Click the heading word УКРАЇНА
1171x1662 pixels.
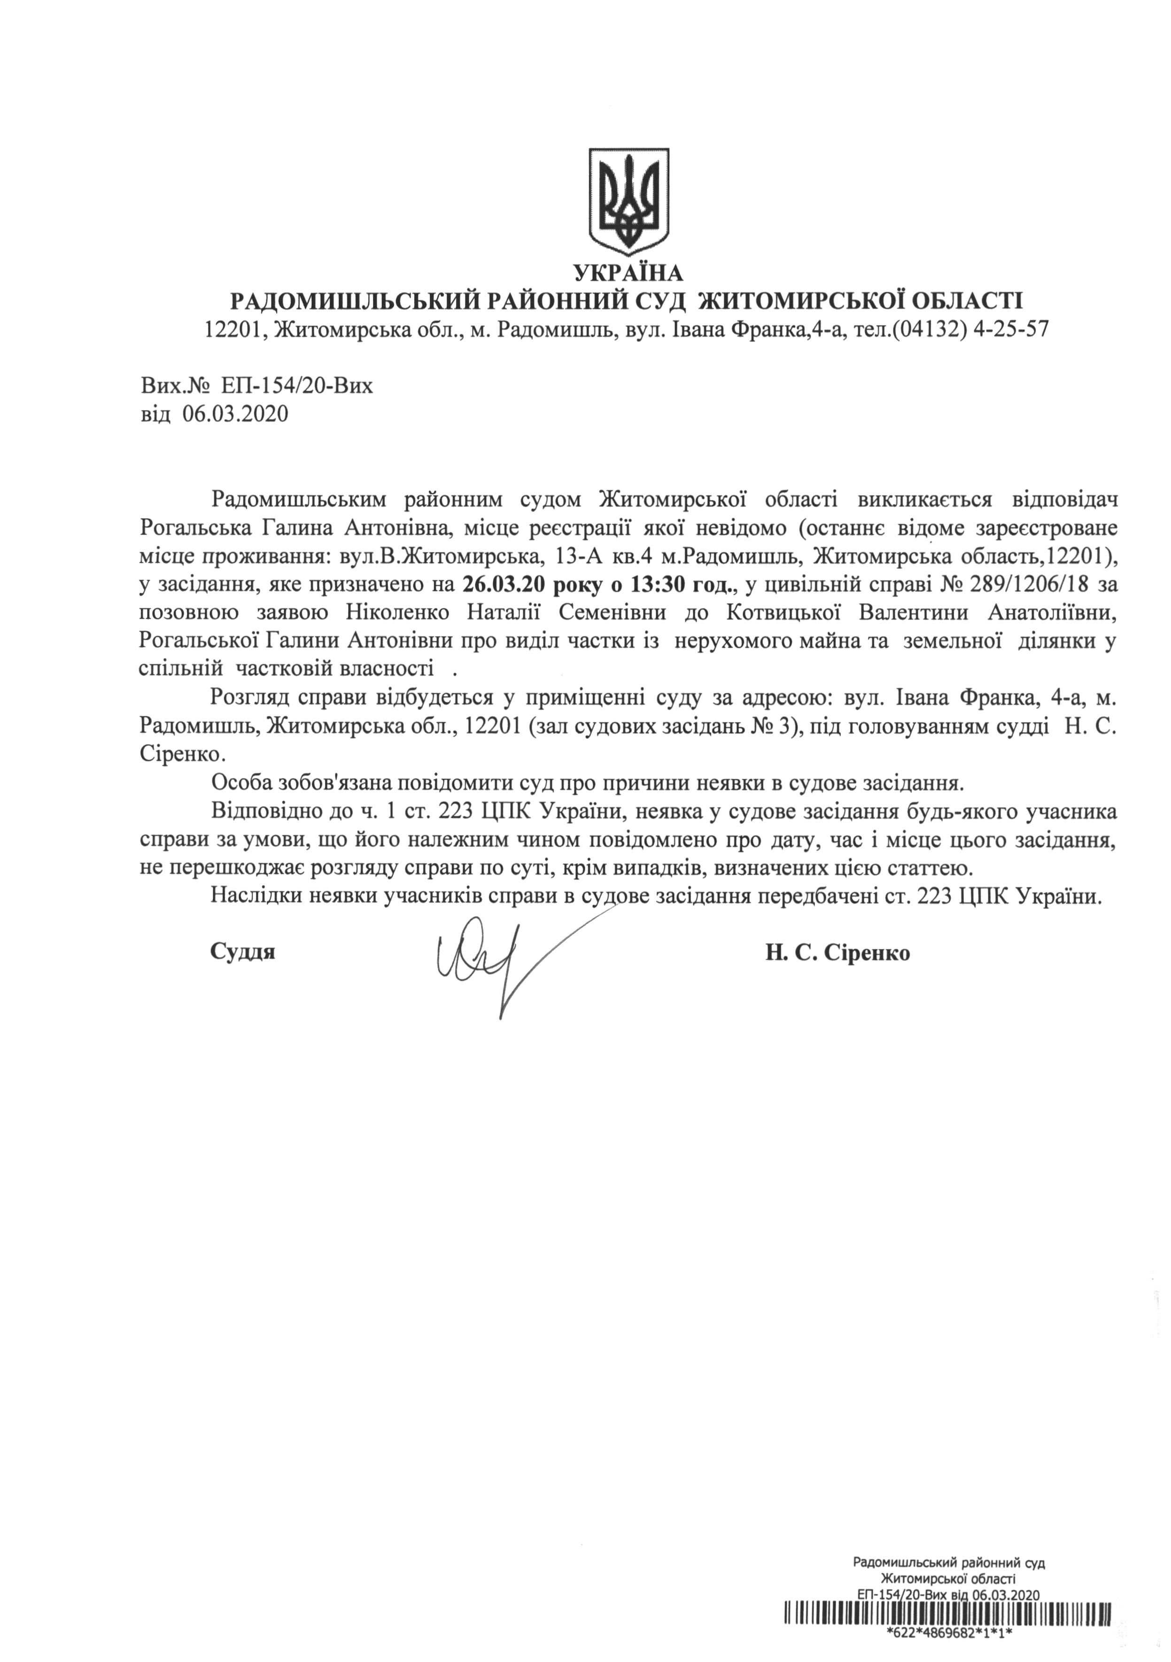pyautogui.click(x=628, y=273)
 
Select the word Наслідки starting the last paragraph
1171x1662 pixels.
pyautogui.click(x=256, y=897)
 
